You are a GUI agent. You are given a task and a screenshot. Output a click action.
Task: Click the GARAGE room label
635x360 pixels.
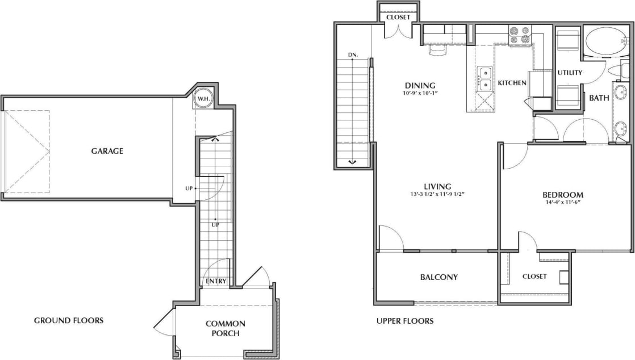click(107, 151)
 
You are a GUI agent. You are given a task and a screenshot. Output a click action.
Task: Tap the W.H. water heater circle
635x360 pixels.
click(203, 99)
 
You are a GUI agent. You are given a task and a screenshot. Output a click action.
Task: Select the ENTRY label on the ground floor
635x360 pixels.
click(216, 281)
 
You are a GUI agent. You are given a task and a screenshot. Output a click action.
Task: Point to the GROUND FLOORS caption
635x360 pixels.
click(69, 320)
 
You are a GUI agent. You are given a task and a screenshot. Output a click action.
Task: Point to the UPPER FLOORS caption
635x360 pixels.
click(405, 321)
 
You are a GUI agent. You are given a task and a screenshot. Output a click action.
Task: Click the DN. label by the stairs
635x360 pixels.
click(353, 55)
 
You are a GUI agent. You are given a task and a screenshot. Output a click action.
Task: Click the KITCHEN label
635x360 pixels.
click(512, 83)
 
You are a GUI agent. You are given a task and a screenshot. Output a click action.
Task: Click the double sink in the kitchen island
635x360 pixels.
click(486, 79)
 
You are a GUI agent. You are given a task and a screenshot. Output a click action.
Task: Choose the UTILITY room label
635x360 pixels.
click(569, 73)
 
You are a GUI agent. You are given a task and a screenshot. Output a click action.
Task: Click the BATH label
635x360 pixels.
click(599, 98)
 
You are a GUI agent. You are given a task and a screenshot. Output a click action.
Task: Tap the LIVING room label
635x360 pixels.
click(437, 186)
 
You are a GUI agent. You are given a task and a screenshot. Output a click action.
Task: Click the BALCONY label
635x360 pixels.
click(438, 277)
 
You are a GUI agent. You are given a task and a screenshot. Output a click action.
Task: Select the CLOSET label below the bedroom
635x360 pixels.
click(534, 277)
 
